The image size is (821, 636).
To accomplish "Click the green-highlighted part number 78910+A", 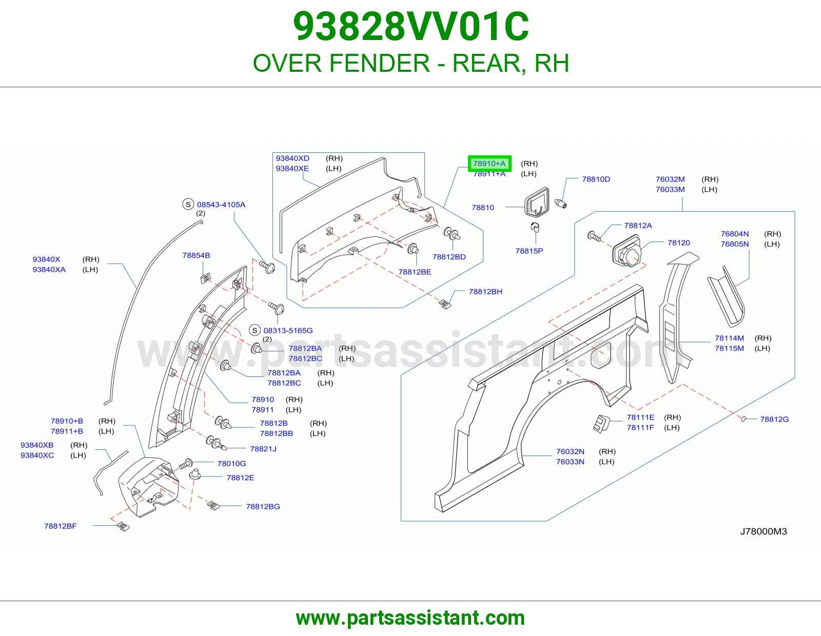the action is click(x=490, y=164).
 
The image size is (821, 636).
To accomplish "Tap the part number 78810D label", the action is click(x=596, y=179).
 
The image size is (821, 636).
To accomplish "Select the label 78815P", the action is click(x=529, y=251).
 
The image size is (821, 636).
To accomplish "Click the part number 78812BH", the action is click(x=485, y=291).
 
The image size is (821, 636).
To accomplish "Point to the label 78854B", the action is click(x=196, y=255).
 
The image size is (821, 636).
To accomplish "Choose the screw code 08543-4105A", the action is click(x=221, y=205).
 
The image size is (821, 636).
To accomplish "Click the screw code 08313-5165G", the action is click(x=288, y=330).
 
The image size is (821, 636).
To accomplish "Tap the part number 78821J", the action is click(x=263, y=449).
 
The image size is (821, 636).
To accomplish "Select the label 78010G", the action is click(x=231, y=463).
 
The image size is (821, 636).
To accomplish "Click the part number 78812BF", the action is click(x=60, y=526).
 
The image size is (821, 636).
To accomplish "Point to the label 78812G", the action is click(x=774, y=419).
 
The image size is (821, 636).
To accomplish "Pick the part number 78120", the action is click(x=678, y=243).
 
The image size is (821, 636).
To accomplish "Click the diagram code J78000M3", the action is click(x=763, y=531).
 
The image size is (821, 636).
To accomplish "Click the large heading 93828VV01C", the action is click(x=411, y=27).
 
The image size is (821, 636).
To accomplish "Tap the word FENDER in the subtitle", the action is click(x=380, y=63).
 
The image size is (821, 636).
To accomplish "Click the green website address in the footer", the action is click(x=411, y=618).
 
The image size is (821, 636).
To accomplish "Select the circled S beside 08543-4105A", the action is click(x=188, y=204).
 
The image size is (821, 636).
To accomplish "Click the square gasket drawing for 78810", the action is click(x=537, y=203).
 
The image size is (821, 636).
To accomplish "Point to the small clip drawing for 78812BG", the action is click(x=213, y=505).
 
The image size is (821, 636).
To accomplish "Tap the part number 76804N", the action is click(x=734, y=234).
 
